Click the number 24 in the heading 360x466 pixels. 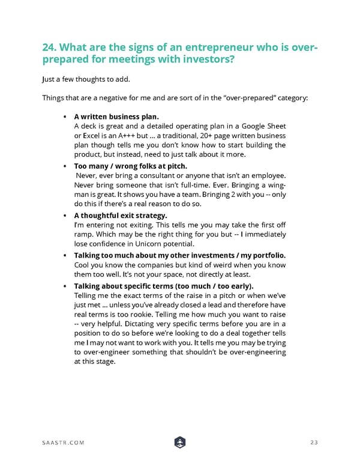50,47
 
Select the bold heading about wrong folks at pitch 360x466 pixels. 130,165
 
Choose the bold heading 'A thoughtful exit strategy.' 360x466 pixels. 121,214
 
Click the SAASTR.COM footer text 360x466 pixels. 63,443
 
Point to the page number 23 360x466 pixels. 314,443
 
